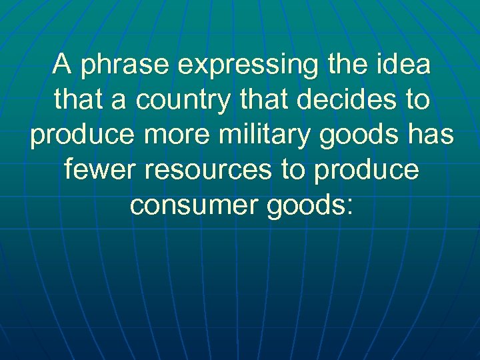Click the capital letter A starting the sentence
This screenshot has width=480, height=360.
point(63,65)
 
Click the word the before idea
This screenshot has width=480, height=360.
point(348,65)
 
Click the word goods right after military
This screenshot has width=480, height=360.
point(351,136)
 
